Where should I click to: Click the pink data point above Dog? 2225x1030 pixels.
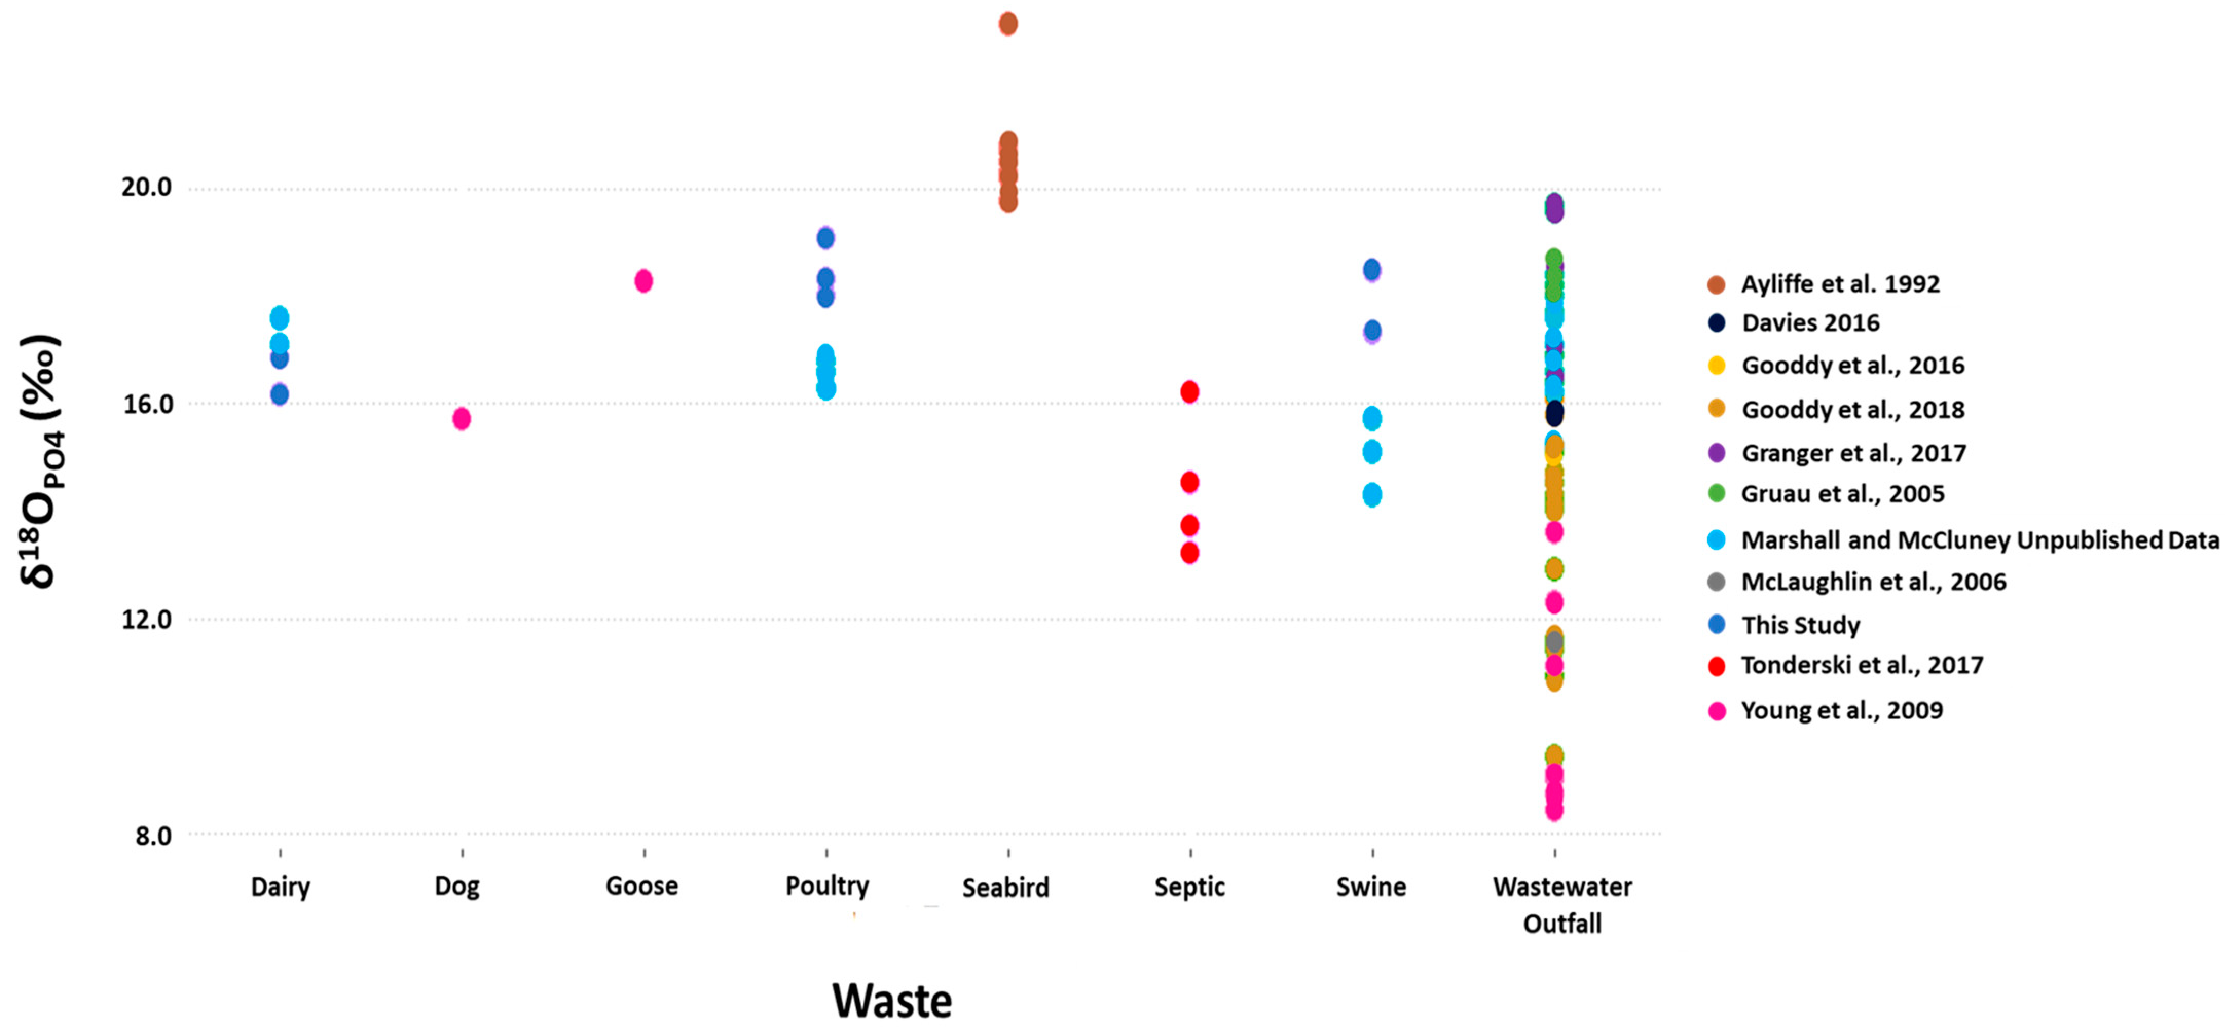[462, 418]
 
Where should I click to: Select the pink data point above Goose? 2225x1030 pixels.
[643, 281]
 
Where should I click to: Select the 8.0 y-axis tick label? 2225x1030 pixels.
[153, 836]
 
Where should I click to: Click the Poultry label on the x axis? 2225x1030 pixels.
[826, 886]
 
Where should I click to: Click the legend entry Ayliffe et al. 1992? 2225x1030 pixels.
[1840, 284]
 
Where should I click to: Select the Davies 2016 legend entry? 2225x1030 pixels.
[1810, 323]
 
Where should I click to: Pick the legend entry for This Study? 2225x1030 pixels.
[1800, 625]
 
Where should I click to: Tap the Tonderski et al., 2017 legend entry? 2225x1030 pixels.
[1862, 665]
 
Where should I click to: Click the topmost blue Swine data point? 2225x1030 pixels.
[1372, 269]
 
